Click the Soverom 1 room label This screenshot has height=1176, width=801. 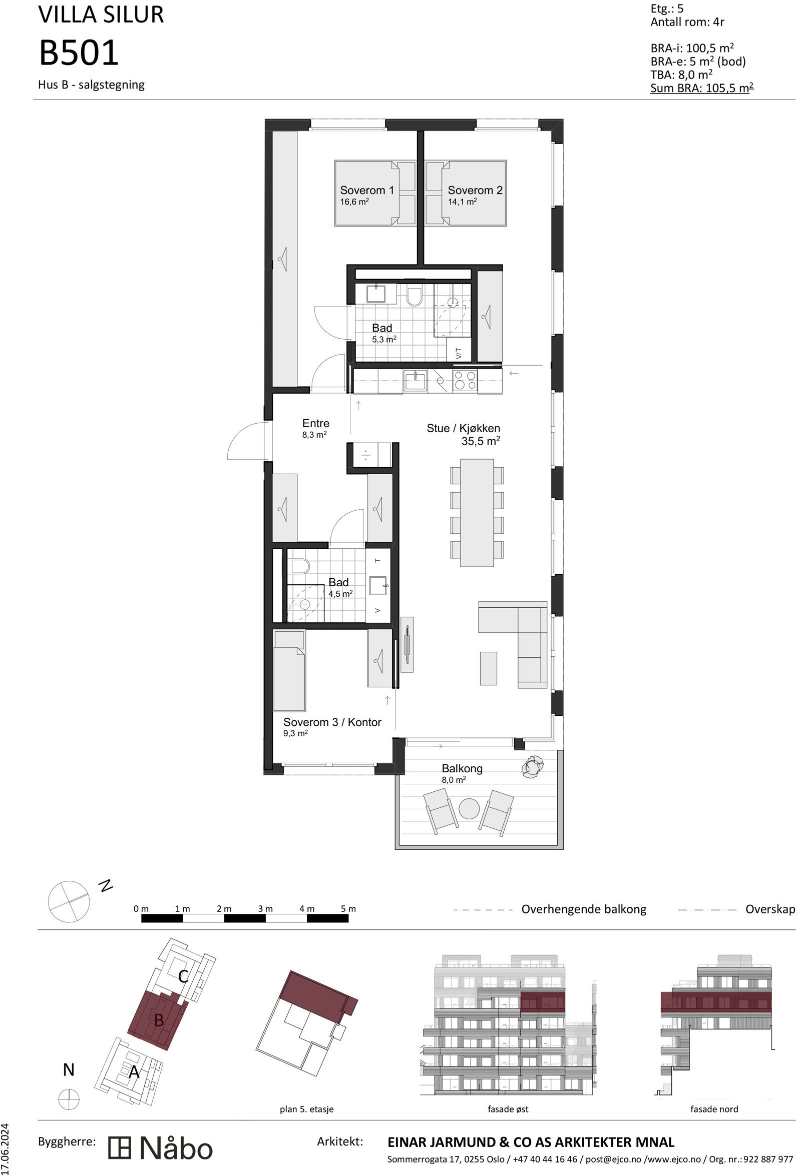click(x=366, y=190)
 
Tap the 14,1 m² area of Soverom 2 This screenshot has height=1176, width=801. click(x=462, y=202)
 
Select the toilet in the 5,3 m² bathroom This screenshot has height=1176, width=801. click(x=414, y=297)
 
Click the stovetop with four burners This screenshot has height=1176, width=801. click(x=464, y=380)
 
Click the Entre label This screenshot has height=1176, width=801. click(x=315, y=423)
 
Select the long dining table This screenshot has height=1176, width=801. click(x=477, y=512)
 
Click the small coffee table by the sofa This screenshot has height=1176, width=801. click(x=488, y=668)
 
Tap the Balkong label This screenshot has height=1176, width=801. click(x=462, y=768)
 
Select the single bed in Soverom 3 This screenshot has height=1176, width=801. click(x=288, y=671)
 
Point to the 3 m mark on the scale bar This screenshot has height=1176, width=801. click(x=265, y=908)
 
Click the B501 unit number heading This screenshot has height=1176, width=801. click(x=79, y=53)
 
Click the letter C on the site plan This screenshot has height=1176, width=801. click(x=183, y=976)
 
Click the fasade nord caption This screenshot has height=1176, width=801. click(x=714, y=1108)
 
